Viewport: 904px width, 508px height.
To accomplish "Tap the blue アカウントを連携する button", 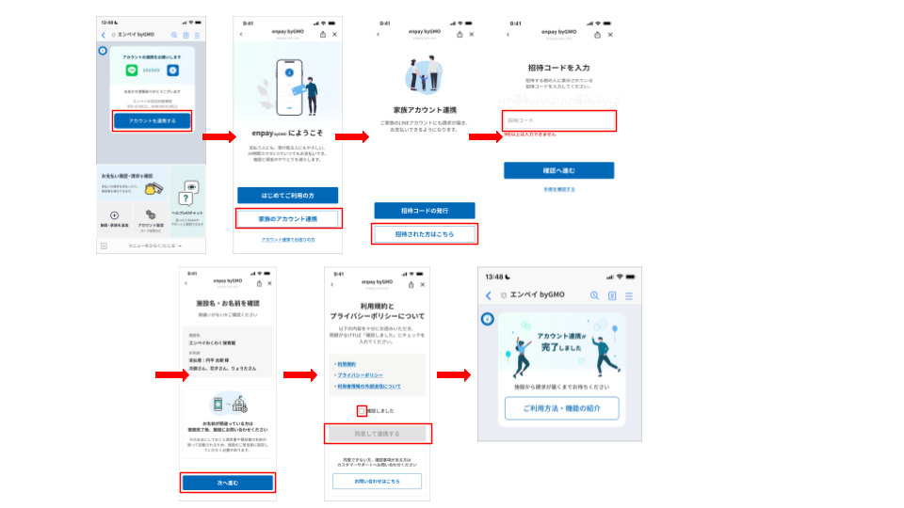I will click(152, 120).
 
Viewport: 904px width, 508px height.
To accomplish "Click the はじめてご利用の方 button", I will click(287, 195).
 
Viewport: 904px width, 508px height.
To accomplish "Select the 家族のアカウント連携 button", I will click(287, 218).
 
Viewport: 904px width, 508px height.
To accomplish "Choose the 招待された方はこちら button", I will click(424, 233).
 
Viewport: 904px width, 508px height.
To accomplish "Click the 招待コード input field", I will click(559, 120).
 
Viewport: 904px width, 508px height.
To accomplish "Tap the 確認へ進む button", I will click(558, 170).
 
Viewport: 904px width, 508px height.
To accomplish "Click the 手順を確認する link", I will click(558, 189).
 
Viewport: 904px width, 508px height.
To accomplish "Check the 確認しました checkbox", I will click(362, 410).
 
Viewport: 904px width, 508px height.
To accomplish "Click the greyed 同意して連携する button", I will click(377, 434).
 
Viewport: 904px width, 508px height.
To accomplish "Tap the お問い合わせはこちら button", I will click(377, 481).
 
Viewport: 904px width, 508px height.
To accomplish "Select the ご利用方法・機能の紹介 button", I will click(561, 408).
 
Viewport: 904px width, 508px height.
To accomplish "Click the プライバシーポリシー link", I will click(360, 374).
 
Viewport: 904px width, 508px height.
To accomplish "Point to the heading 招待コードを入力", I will click(558, 68).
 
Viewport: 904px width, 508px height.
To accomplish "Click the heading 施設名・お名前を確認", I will click(227, 303).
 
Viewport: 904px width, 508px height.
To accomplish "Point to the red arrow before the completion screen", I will click(453, 375).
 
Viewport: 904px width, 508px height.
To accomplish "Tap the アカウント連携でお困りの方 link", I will click(287, 240).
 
